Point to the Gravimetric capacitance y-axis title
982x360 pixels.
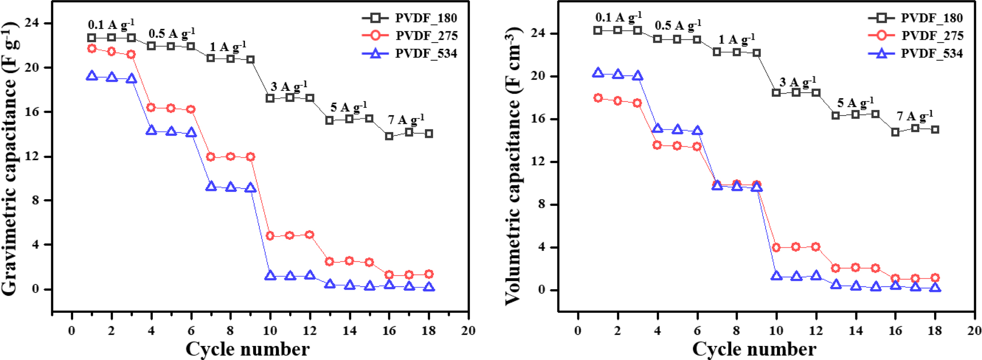coord(10,159)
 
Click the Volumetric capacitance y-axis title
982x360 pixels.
coord(513,166)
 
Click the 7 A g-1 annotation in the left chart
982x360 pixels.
coord(406,119)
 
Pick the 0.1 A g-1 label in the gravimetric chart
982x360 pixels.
coord(111,24)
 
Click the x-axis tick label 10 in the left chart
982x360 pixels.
coord(270,331)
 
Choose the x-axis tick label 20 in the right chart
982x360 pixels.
coord(974,331)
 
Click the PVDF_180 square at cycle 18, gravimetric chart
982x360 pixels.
coord(429,134)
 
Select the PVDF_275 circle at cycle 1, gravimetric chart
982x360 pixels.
coord(92,49)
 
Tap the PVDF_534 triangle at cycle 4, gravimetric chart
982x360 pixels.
coord(151,130)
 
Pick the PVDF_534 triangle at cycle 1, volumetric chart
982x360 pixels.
coord(598,73)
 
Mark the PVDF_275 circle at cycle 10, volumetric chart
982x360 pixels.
coord(776,247)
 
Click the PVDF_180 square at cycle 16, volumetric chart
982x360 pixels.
coord(895,132)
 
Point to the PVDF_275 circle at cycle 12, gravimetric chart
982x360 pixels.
coord(310,235)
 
